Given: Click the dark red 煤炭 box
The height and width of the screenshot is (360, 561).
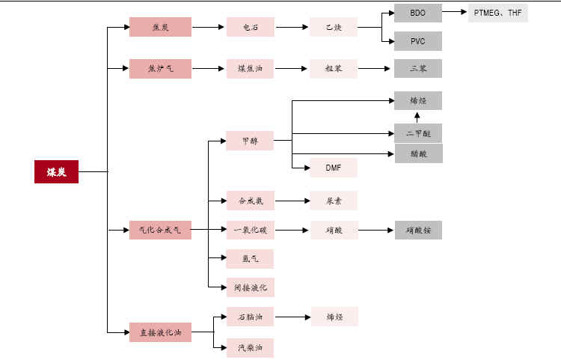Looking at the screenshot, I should [56, 171].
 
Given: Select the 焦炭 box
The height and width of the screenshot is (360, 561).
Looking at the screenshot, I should [160, 27].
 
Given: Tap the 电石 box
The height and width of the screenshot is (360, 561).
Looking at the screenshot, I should [250, 27].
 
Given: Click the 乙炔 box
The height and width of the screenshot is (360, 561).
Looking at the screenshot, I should [333, 27].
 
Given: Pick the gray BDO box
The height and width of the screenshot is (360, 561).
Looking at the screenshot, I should [418, 13].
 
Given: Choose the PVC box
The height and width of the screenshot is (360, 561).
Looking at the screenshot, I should [418, 40].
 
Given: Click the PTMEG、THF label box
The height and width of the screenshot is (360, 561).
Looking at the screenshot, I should [497, 13].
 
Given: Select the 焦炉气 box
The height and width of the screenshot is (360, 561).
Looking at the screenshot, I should [160, 68].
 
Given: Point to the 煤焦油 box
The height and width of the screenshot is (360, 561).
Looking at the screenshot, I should [250, 68].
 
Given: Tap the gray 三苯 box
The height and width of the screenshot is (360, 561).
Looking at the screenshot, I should [418, 68].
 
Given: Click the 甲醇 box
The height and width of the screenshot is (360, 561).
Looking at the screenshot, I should [250, 140].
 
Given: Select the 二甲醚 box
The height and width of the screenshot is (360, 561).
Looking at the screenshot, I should [418, 133].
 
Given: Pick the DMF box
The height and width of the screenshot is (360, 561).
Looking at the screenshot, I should [333, 168].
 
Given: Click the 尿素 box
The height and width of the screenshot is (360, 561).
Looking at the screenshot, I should [333, 201].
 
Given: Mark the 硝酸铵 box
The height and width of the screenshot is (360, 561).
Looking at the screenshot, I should [418, 230].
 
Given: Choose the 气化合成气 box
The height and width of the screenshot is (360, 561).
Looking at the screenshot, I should [160, 230].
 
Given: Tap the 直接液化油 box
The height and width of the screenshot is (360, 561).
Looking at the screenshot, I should [160, 332].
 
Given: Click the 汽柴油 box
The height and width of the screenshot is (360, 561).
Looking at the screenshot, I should [250, 347].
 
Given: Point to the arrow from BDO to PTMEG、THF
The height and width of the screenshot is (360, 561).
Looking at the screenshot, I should [455, 13].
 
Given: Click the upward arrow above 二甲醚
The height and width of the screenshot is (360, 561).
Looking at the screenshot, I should [418, 117].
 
